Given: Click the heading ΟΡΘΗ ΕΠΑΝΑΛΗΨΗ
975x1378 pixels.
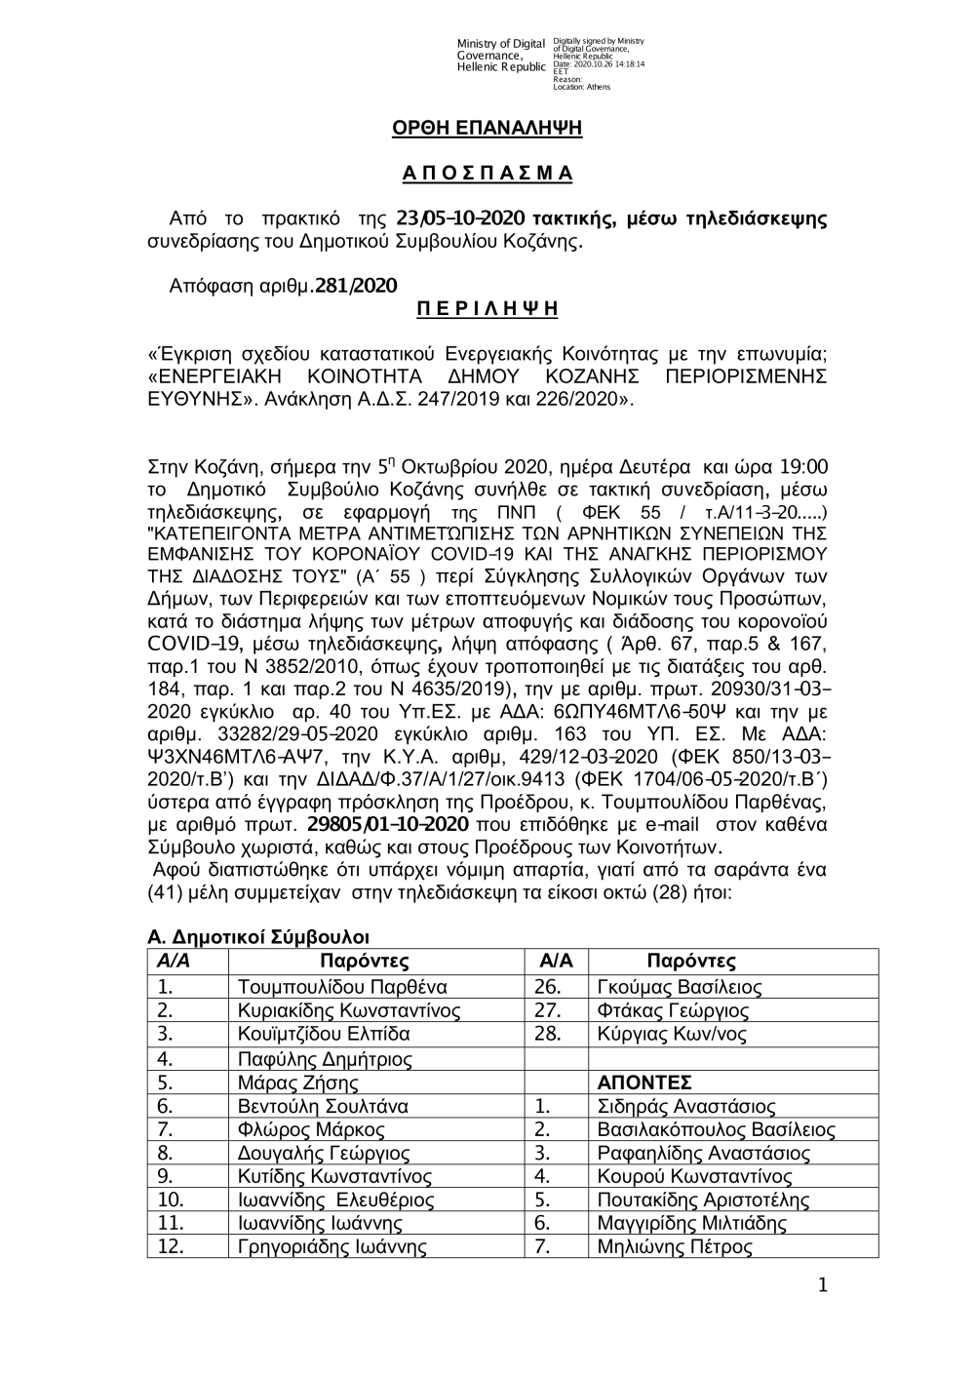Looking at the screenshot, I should [487, 129].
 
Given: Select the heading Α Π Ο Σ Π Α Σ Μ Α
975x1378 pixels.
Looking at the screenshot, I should [487, 175].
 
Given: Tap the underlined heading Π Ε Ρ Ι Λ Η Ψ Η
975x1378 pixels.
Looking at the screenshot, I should [487, 310].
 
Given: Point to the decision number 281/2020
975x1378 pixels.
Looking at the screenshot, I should [356, 286].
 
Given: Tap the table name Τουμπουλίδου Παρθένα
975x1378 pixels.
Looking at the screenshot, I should [342, 986].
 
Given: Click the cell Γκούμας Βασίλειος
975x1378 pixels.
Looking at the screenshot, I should [679, 986].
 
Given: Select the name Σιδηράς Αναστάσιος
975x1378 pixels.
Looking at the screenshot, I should [685, 1107].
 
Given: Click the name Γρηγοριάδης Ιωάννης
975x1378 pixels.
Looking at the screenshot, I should [332, 1246].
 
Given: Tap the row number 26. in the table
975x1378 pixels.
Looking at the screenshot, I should [548, 986].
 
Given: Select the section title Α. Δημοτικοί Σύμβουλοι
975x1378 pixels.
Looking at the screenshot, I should [257, 937].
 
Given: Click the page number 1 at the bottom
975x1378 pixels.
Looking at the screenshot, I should [825, 1286].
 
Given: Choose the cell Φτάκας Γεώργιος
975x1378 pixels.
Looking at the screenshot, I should [672, 1010].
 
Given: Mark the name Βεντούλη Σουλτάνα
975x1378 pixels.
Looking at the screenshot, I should [323, 1107].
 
